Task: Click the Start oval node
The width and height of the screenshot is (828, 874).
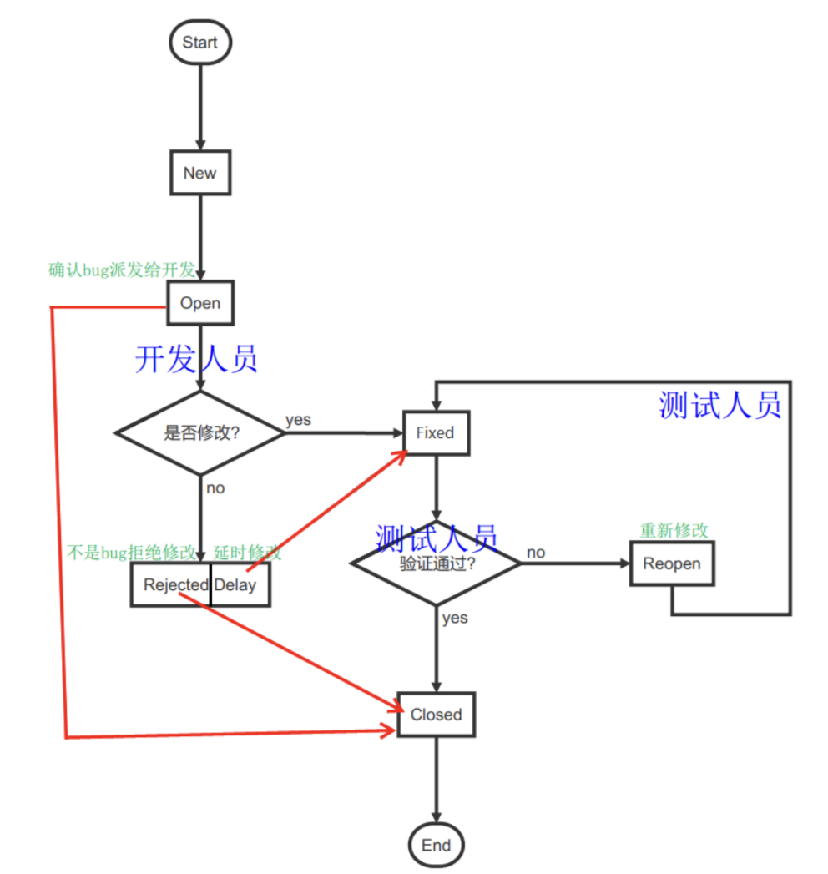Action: [200, 43]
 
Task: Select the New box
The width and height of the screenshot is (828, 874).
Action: [200, 173]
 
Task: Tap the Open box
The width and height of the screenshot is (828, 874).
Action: [200, 303]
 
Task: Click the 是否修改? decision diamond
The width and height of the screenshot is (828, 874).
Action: [200, 432]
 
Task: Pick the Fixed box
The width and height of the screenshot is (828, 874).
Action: [436, 433]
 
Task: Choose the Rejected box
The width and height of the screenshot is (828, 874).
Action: [170, 584]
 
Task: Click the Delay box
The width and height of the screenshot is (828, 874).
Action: [240, 584]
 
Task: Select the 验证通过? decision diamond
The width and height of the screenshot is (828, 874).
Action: [437, 563]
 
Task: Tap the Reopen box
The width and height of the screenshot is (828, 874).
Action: [671, 563]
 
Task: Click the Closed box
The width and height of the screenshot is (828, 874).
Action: [437, 714]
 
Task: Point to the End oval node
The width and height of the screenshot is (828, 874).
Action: [437, 845]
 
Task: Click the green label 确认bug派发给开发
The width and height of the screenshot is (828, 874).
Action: [122, 270]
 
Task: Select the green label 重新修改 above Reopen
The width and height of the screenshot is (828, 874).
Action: [674, 529]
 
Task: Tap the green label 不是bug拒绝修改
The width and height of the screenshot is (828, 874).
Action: [132, 553]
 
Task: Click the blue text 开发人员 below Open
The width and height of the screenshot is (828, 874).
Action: [196, 359]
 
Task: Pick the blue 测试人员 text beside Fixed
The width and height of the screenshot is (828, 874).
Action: [719, 405]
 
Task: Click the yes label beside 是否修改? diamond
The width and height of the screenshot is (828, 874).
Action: [298, 420]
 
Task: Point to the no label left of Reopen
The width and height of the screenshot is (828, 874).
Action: [536, 553]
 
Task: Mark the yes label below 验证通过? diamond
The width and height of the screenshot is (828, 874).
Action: [455, 618]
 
